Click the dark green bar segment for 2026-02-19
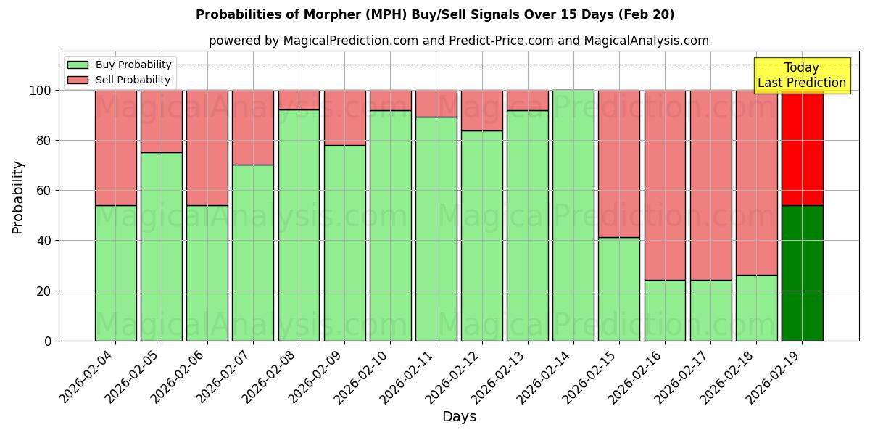click(x=802, y=273)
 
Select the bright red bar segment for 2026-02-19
click(x=802, y=148)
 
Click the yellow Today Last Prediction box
click(x=802, y=75)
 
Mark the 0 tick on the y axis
click(x=48, y=341)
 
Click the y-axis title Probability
click(x=18, y=197)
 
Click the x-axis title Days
click(x=459, y=417)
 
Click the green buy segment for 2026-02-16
click(x=665, y=310)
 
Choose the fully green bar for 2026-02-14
click(x=573, y=215)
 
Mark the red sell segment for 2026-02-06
click(x=207, y=148)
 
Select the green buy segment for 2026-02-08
click(x=299, y=225)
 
